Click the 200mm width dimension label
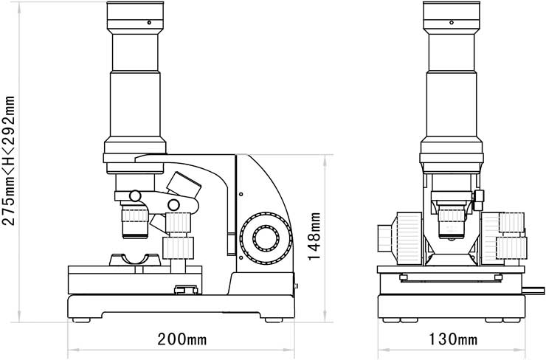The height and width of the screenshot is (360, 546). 182,340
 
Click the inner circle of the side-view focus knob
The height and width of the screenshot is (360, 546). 264,237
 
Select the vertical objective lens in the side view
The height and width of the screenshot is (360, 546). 134,221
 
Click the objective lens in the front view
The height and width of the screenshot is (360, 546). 451,221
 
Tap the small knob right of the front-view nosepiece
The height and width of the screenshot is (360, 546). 478,197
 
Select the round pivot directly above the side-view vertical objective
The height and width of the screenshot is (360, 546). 134,195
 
